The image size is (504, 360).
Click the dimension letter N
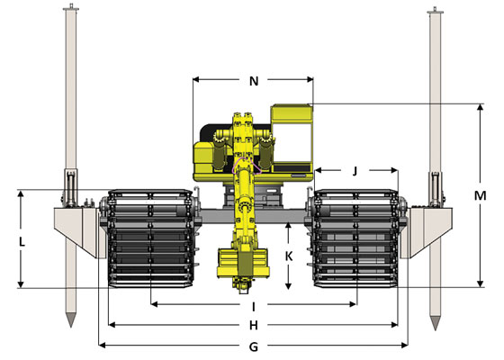[x=254, y=81]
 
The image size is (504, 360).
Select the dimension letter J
[x=355, y=171]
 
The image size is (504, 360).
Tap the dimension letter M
[x=481, y=195]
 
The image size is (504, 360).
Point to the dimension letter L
[x=22, y=242]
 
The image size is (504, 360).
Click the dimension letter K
[x=289, y=256]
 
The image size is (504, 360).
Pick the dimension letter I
[x=254, y=307]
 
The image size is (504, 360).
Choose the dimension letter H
[x=254, y=326]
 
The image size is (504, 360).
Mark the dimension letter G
[x=254, y=347]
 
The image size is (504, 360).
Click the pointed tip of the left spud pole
[x=71, y=327]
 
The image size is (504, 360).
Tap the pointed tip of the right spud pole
[x=435, y=329]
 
